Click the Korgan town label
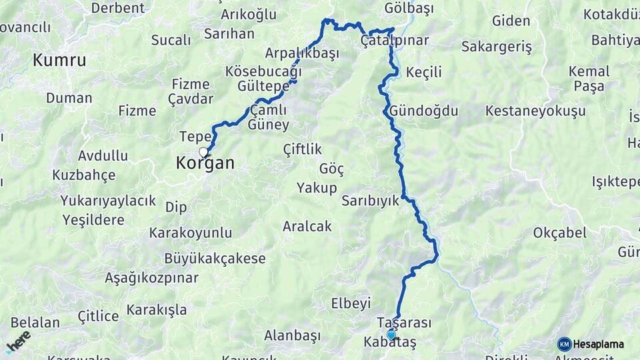[205, 163]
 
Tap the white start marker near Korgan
[203, 152]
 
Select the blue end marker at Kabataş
[391, 335]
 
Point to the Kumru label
[59, 60]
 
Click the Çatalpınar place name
[394, 41]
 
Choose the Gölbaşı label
[409, 9]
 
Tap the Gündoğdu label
[424, 111]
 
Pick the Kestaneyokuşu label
[535, 111]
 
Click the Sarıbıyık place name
[370, 200]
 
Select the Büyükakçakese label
[216, 259]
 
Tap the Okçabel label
[559, 233]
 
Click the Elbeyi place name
[351, 303]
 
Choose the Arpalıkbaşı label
[302, 53]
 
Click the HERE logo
[18, 341]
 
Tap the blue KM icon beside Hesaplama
[564, 344]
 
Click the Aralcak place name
[307, 227]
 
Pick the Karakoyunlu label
[191, 233]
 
